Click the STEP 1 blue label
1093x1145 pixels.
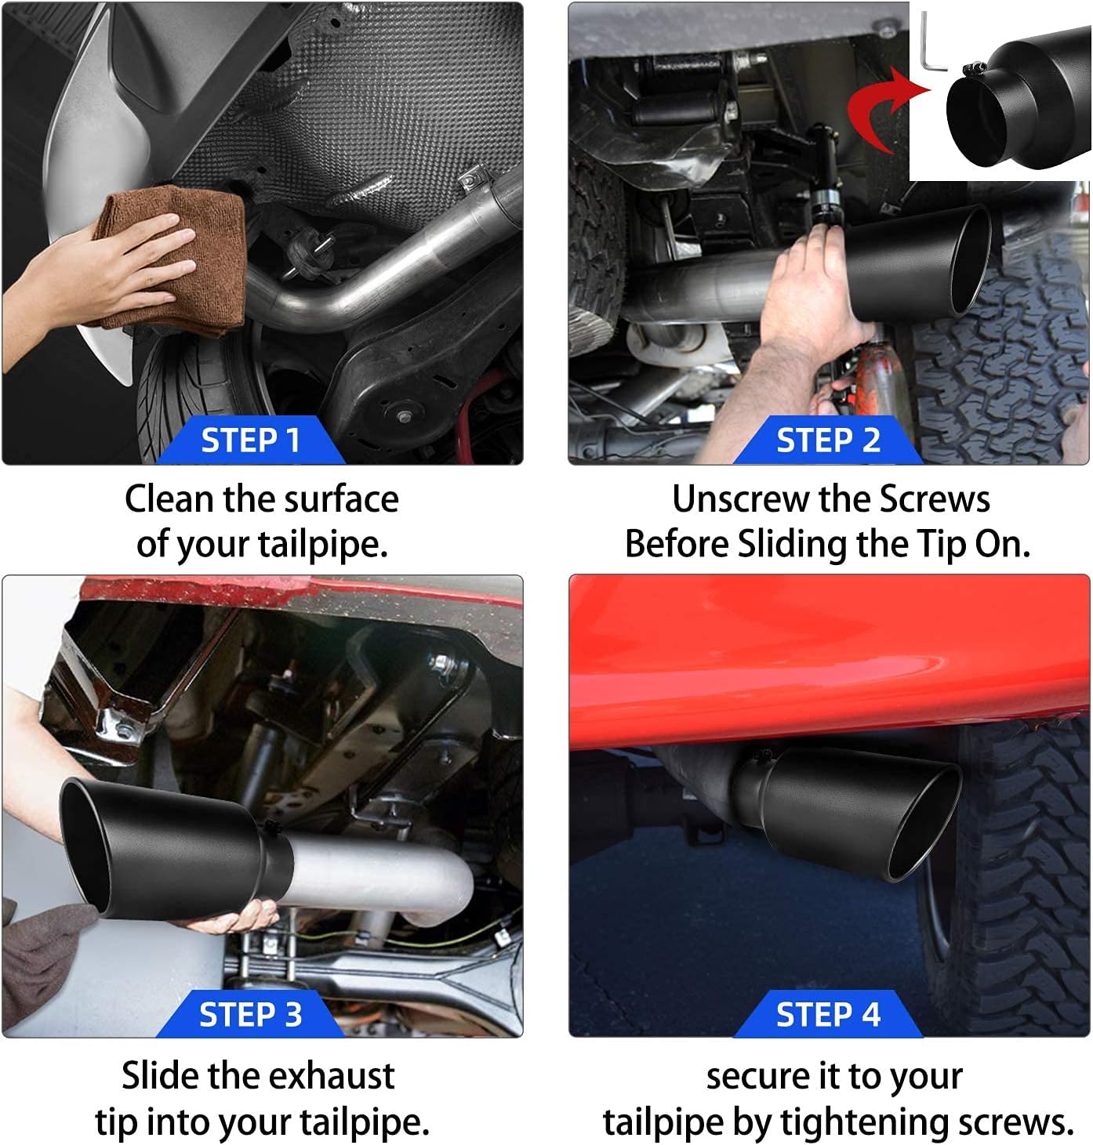251,440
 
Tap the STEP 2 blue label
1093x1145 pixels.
828,440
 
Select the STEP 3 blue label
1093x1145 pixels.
251,1014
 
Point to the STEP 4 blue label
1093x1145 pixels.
828,1014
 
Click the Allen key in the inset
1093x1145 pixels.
932,44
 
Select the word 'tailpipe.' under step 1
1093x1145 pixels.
323,545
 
